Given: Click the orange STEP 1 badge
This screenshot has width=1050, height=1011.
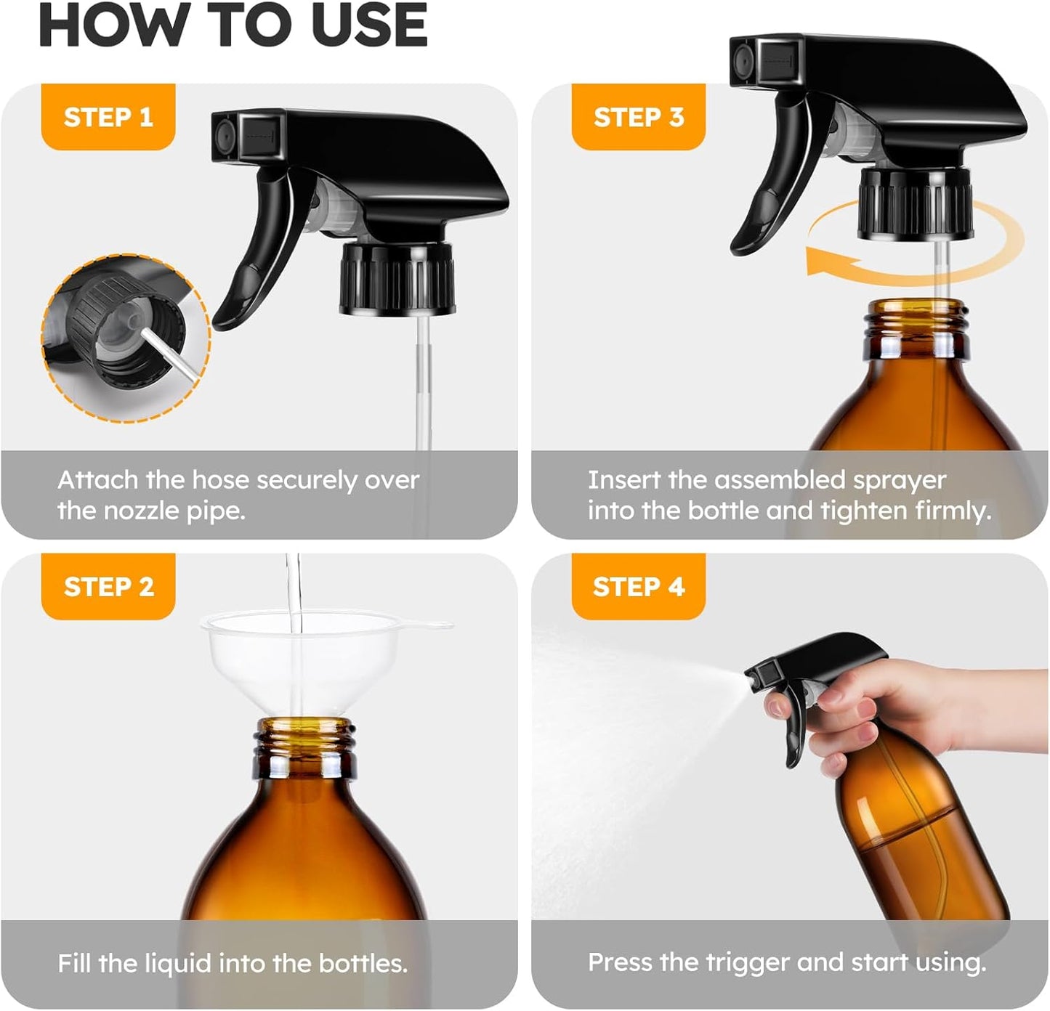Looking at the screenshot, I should pyautogui.click(x=108, y=117).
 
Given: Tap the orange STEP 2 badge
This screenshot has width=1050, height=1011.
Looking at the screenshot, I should pyautogui.click(x=108, y=586).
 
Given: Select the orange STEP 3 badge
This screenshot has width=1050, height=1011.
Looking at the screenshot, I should pyautogui.click(x=638, y=117).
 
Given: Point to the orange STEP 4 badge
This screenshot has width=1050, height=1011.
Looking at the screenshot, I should pyautogui.click(x=638, y=586).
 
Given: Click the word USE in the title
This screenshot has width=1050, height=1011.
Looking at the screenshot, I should pyautogui.click(x=369, y=25).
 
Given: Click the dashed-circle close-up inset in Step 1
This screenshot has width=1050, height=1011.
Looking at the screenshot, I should pyautogui.click(x=126, y=338).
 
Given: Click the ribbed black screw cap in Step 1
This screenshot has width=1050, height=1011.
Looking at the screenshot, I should pyautogui.click(x=397, y=280).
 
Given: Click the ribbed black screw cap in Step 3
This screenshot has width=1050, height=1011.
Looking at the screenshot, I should pyautogui.click(x=916, y=203).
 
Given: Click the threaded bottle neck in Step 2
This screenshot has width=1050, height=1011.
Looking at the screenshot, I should pyautogui.click(x=305, y=744).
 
